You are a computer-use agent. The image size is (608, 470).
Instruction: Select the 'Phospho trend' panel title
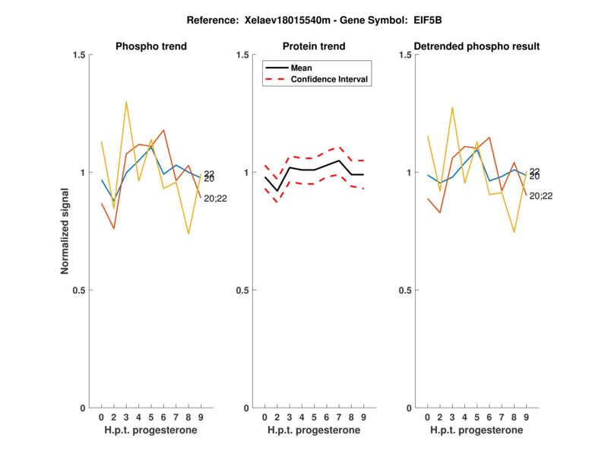(x=151, y=46)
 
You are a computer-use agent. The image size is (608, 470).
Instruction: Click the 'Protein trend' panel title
(x=315, y=46)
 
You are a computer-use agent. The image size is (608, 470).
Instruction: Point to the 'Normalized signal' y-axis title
(x=66, y=231)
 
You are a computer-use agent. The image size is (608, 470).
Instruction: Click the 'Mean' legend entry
(x=302, y=68)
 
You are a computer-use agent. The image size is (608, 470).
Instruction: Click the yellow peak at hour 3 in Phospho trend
(x=126, y=101)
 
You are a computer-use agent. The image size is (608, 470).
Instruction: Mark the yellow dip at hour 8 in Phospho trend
(x=188, y=233)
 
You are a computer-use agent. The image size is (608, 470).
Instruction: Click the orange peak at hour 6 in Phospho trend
(x=163, y=130)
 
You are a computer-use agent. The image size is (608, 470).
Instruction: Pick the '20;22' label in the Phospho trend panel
(x=216, y=198)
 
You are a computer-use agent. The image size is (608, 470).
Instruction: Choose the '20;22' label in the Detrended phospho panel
(x=541, y=196)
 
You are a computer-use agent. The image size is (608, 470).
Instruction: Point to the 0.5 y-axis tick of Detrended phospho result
(x=407, y=291)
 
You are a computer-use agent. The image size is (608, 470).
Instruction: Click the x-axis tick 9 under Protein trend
(x=363, y=418)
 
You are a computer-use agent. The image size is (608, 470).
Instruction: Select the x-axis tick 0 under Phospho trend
(x=101, y=418)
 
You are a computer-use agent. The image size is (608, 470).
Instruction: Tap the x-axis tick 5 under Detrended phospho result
(x=477, y=418)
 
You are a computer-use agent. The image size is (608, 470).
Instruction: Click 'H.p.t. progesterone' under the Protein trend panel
(x=314, y=430)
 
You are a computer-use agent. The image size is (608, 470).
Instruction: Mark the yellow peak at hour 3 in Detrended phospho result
(x=453, y=107)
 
